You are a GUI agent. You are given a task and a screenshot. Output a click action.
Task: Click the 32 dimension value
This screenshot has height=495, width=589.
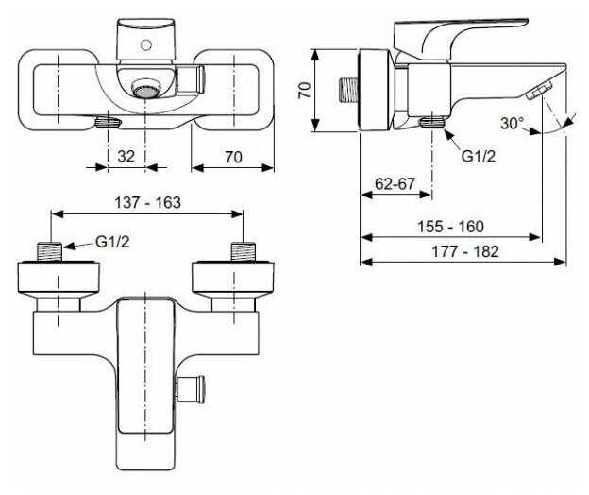click(x=126, y=157)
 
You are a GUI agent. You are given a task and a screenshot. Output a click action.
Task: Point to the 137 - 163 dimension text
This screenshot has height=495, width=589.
click(x=147, y=203)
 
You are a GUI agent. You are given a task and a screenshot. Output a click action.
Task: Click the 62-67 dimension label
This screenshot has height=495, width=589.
click(x=395, y=184)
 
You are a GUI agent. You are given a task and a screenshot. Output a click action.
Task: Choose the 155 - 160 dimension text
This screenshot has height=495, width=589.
click(x=450, y=227)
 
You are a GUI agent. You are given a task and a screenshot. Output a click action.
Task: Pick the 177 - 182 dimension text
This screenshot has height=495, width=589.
click(x=465, y=251)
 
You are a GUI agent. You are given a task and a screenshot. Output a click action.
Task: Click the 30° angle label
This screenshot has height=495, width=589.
click(x=512, y=123)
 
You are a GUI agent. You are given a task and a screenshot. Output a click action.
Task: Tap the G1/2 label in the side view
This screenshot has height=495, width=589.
click(x=479, y=156)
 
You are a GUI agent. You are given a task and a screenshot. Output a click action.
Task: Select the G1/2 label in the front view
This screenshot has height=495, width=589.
click(x=112, y=242)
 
